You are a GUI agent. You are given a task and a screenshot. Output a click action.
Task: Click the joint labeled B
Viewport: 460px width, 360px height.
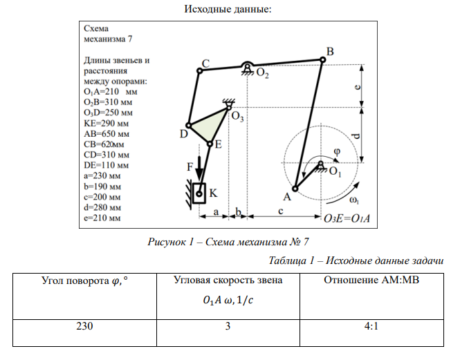click(x=323, y=59)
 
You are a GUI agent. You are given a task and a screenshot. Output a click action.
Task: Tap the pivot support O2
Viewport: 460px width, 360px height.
click(x=247, y=67)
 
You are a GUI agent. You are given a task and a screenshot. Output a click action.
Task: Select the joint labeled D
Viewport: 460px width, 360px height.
click(x=188, y=126)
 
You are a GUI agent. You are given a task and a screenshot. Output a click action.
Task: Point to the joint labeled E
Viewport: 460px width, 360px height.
click(x=210, y=144)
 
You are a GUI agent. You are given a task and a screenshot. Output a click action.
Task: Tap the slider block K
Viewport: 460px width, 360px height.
click(x=199, y=192)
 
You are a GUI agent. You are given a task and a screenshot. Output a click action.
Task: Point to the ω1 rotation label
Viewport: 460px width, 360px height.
click(x=354, y=200)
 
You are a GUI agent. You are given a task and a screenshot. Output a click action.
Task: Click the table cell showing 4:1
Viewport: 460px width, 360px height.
click(x=370, y=327)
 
